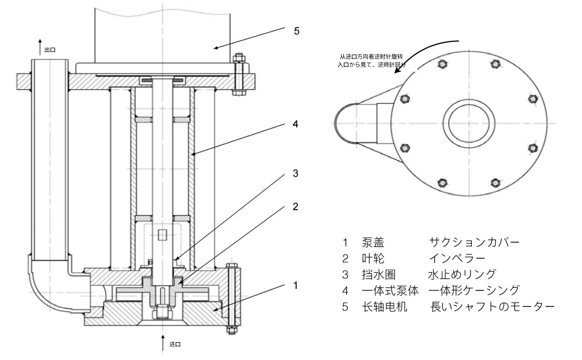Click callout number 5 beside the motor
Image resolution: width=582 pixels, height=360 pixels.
point(296,32)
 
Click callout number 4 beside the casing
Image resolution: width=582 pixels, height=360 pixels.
point(296,124)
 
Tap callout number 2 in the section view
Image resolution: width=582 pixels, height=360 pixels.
point(296,207)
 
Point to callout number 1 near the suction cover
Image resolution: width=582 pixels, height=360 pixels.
point(296,285)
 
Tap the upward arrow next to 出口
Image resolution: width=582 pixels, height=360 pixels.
point(40,46)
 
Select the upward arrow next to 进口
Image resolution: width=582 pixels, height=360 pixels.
point(163,340)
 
